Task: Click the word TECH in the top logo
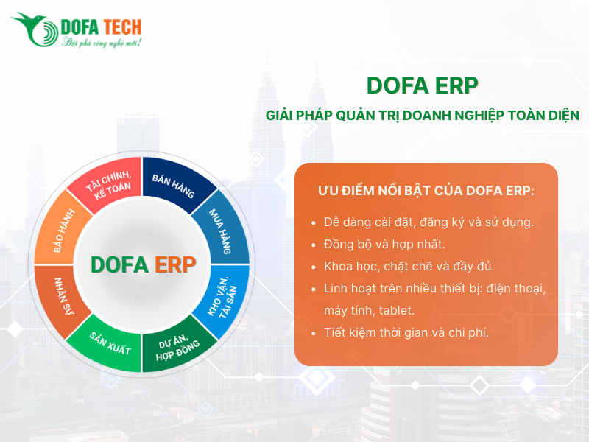(x=117, y=27)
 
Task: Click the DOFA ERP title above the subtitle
(x=422, y=85)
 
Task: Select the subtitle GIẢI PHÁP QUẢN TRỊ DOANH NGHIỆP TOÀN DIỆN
(x=422, y=116)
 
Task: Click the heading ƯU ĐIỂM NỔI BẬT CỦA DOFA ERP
(x=426, y=191)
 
